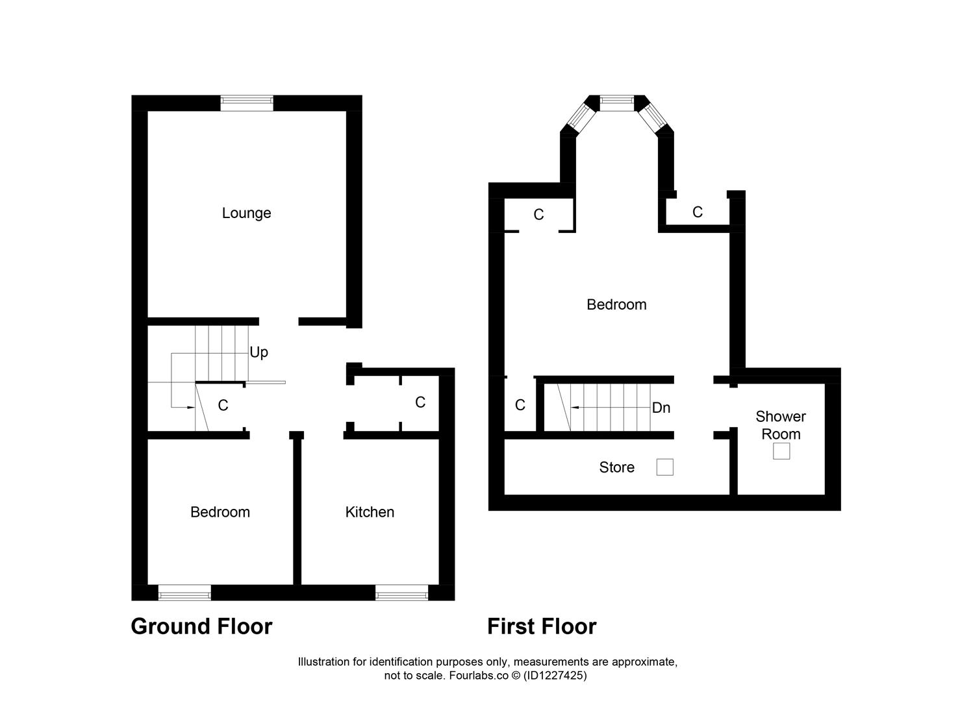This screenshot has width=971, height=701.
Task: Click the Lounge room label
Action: point(246,213)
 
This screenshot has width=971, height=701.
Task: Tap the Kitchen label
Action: point(370,512)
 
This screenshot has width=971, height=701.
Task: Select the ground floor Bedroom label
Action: point(220,512)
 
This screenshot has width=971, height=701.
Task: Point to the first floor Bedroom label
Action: point(616,304)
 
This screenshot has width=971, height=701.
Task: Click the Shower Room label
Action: point(781,425)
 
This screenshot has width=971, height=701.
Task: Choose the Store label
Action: point(616,467)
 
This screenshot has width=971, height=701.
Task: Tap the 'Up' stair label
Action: point(259,352)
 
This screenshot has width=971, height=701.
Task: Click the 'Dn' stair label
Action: point(661,408)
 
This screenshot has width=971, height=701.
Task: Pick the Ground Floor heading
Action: point(201,626)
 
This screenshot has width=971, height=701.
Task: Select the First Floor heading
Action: point(542,626)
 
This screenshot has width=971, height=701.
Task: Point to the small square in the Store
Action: point(664,467)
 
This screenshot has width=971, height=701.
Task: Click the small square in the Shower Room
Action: point(781,451)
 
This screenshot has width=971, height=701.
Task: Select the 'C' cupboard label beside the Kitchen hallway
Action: point(420,402)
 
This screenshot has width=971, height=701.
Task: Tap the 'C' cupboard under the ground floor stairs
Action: point(223,406)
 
